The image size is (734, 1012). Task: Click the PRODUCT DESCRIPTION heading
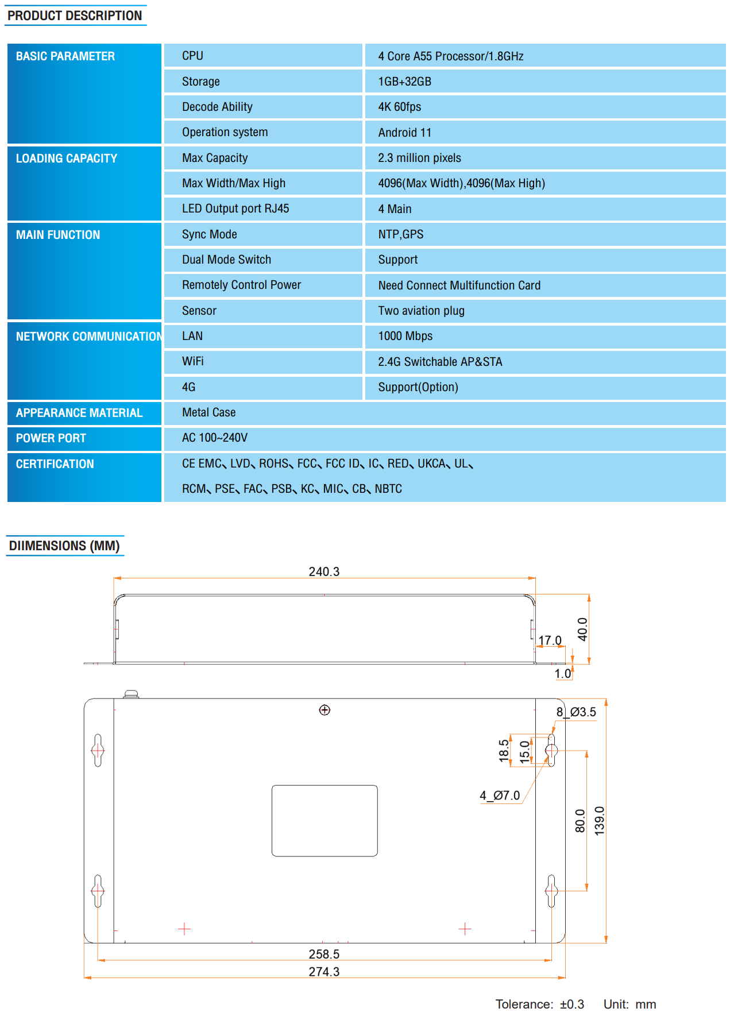pos(75,16)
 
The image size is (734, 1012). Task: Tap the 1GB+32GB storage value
pos(404,82)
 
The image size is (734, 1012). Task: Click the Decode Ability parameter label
pos(217,107)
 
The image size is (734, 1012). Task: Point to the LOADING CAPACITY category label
pos(67,159)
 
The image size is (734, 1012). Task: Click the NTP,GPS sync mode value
pos(400,234)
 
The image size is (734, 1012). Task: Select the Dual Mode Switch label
pos(226,260)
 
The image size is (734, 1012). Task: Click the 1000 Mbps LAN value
pos(405,336)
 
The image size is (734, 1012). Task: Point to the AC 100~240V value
pos(215,438)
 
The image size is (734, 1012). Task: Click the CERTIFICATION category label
pos(55,464)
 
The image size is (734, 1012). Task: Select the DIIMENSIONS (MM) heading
pos(64,546)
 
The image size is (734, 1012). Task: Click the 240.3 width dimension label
pos(324,571)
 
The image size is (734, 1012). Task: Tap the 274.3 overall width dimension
pos(324,972)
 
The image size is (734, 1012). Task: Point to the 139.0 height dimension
pos(600,821)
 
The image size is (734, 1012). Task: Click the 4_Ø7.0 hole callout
pos(500,795)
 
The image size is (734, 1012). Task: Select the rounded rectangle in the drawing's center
pos(324,821)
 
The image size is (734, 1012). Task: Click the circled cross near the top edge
pos(324,710)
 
